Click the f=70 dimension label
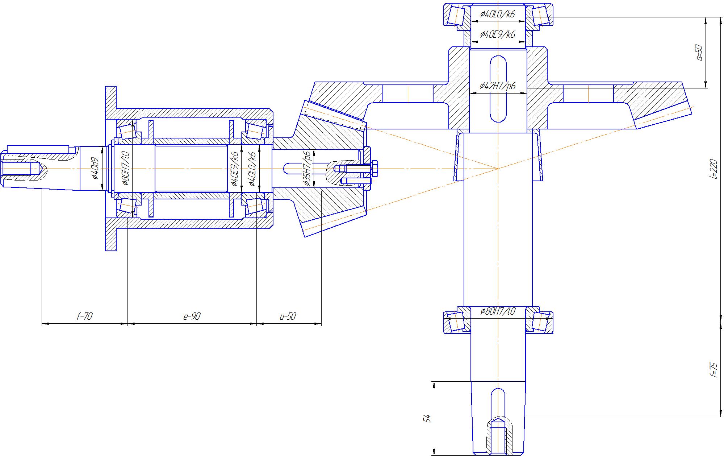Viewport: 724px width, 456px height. click(85, 316)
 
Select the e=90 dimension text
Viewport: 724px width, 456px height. click(192, 316)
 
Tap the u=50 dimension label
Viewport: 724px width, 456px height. click(288, 316)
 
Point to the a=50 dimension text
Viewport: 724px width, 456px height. click(699, 53)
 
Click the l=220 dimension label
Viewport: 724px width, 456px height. click(713, 169)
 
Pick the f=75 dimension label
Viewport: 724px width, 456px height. click(713, 369)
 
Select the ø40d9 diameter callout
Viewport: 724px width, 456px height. click(95, 168)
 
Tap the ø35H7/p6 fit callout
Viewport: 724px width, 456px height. click(307, 169)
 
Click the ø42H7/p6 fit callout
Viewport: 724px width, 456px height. click(498, 86)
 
